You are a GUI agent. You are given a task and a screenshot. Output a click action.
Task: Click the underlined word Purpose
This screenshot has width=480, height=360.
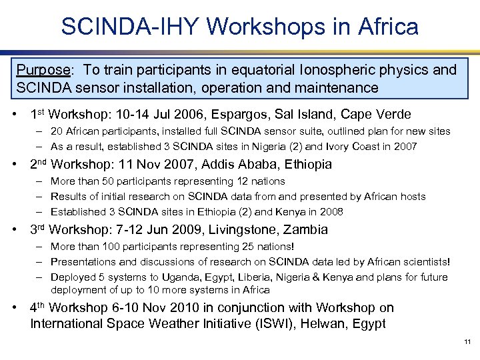(43, 70)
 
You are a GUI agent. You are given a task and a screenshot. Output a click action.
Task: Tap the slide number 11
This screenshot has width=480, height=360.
(467, 342)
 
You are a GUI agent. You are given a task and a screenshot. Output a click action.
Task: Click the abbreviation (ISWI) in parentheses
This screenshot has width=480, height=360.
(277, 324)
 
